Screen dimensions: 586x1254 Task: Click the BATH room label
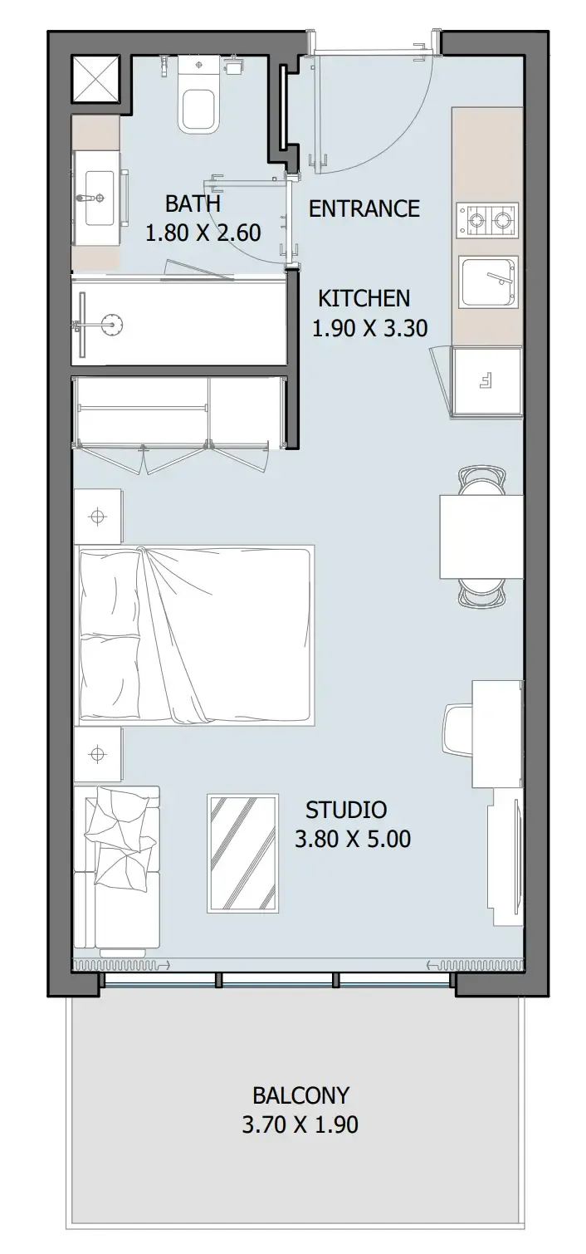(x=193, y=203)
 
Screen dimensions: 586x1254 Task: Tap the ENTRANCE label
(x=364, y=208)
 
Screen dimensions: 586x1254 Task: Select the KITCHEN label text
(x=364, y=298)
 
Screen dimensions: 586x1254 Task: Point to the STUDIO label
(x=346, y=810)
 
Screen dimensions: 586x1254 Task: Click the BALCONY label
(x=300, y=1095)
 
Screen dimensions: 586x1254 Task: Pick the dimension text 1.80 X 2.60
(x=203, y=233)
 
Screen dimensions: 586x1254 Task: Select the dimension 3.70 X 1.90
(x=300, y=1124)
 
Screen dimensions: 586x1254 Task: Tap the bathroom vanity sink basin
(x=97, y=198)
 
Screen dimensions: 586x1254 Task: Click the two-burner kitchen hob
(x=486, y=220)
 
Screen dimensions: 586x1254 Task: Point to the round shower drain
(x=112, y=324)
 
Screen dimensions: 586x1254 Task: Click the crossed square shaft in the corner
(x=95, y=79)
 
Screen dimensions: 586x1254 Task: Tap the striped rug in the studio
(x=243, y=853)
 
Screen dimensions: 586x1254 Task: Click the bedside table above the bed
(x=98, y=516)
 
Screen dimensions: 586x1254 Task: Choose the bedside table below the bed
(x=98, y=754)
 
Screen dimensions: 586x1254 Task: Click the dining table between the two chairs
(x=481, y=536)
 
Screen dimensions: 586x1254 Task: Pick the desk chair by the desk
(x=459, y=730)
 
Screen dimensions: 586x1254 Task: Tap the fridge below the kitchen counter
(x=487, y=381)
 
